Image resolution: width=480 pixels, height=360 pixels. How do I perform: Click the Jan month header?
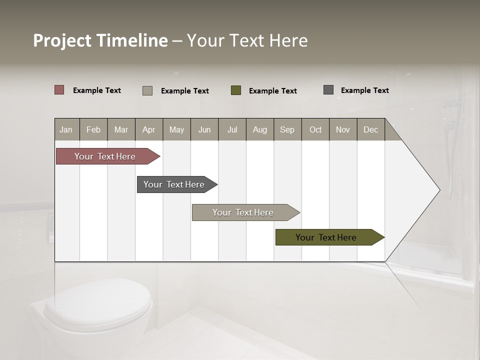[66, 129]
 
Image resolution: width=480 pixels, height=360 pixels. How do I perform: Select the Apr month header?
[149, 129]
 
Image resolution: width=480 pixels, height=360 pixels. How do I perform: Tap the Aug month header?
[260, 129]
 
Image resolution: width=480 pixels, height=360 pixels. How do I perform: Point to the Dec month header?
[371, 129]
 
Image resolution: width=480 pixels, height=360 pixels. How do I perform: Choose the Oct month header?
[315, 129]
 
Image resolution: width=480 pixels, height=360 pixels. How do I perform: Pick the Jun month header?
[204, 129]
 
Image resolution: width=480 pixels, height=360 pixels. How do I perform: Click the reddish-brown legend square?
[59, 90]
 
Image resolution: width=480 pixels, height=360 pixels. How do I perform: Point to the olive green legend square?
[236, 90]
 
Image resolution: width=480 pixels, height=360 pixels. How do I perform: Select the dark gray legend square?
[328, 90]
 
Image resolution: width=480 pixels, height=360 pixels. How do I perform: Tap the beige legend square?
[147, 90]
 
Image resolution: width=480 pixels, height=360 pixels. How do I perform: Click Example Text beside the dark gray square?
[364, 90]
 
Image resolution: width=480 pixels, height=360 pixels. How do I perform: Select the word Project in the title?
[62, 40]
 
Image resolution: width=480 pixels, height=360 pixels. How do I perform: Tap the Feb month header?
[93, 129]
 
